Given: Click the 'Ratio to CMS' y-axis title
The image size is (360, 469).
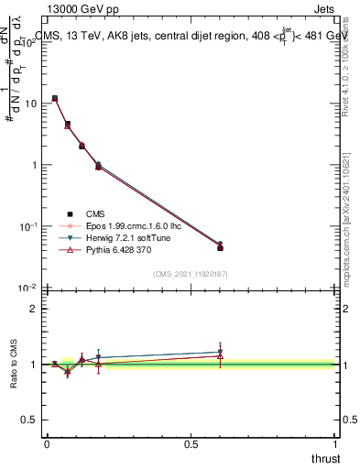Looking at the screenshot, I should coord(14,364).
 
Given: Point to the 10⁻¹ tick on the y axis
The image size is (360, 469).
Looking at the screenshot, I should coord(29,226).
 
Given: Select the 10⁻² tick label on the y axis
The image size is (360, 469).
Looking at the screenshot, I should coord(29,288).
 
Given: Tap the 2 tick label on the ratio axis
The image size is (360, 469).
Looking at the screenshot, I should coord(34,309).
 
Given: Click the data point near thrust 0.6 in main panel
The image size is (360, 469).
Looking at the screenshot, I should coord(220,246).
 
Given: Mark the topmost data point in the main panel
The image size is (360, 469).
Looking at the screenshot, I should coord(55,98).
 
